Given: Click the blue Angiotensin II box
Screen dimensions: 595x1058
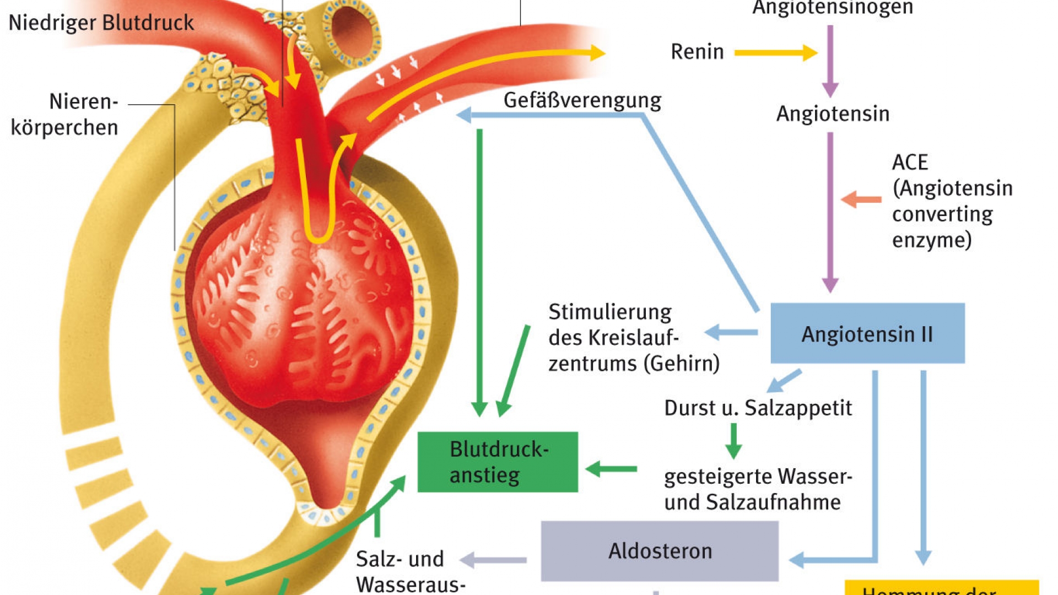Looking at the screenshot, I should pyautogui.click(x=867, y=333).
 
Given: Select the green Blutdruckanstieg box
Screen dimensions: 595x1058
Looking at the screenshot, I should pyautogui.click(x=498, y=462).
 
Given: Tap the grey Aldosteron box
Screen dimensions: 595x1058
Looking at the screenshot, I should pyautogui.click(x=660, y=551).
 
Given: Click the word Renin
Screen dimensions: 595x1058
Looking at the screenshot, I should pyautogui.click(x=697, y=52).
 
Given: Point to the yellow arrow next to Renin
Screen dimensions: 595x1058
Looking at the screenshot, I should pyautogui.click(x=775, y=53).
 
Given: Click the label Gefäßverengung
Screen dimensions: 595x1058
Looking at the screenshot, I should pyautogui.click(x=582, y=101).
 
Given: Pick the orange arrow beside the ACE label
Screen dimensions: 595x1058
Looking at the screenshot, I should pyautogui.click(x=861, y=199).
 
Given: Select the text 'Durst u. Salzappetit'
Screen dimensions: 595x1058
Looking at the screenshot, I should pyautogui.click(x=758, y=408).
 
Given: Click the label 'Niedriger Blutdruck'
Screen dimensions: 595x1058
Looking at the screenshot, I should pyautogui.click(x=101, y=23).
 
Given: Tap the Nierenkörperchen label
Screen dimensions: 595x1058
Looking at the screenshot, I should pyautogui.click(x=65, y=115).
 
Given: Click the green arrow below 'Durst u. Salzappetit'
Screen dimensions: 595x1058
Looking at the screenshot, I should pyautogui.click(x=733, y=441).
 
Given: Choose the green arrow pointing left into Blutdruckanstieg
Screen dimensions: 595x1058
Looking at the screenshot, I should pyautogui.click(x=611, y=469).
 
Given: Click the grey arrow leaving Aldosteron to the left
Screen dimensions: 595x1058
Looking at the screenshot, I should pyautogui.click(x=493, y=560).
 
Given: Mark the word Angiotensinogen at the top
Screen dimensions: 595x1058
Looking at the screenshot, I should pyautogui.click(x=833, y=8).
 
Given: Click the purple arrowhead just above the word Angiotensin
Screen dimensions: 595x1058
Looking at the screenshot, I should pyautogui.click(x=830, y=88).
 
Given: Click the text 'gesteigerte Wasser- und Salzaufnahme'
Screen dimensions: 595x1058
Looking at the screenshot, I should pyautogui.click(x=758, y=489).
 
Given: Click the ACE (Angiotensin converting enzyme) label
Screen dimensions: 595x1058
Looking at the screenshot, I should pyautogui.click(x=952, y=201).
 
